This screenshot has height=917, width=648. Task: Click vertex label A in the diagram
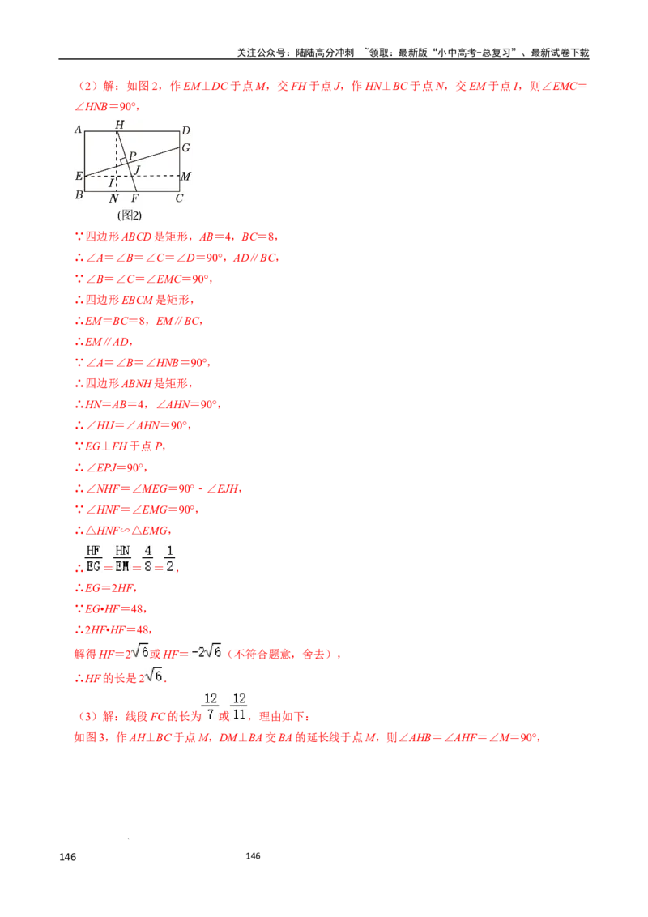click(79, 130)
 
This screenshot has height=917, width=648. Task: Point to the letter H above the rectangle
click(119, 124)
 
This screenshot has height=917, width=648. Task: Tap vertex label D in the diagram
click(185, 130)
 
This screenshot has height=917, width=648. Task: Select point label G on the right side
click(185, 147)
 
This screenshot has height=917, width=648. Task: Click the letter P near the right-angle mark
click(132, 156)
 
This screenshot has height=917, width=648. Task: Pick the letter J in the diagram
click(137, 169)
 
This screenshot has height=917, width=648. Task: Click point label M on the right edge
click(185, 176)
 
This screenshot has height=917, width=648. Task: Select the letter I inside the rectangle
click(111, 183)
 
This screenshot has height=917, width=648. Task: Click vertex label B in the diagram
click(79, 194)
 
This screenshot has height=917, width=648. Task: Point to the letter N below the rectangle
click(113, 198)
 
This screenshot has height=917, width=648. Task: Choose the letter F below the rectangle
click(134, 198)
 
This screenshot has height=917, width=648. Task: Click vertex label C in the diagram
click(179, 198)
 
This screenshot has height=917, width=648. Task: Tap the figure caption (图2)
click(130, 215)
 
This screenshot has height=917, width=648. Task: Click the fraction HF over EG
click(93, 558)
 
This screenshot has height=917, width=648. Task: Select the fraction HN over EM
click(122, 558)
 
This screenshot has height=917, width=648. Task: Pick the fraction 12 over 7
click(211, 706)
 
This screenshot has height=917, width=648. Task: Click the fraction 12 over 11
click(239, 706)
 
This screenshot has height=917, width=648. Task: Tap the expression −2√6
click(207, 651)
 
